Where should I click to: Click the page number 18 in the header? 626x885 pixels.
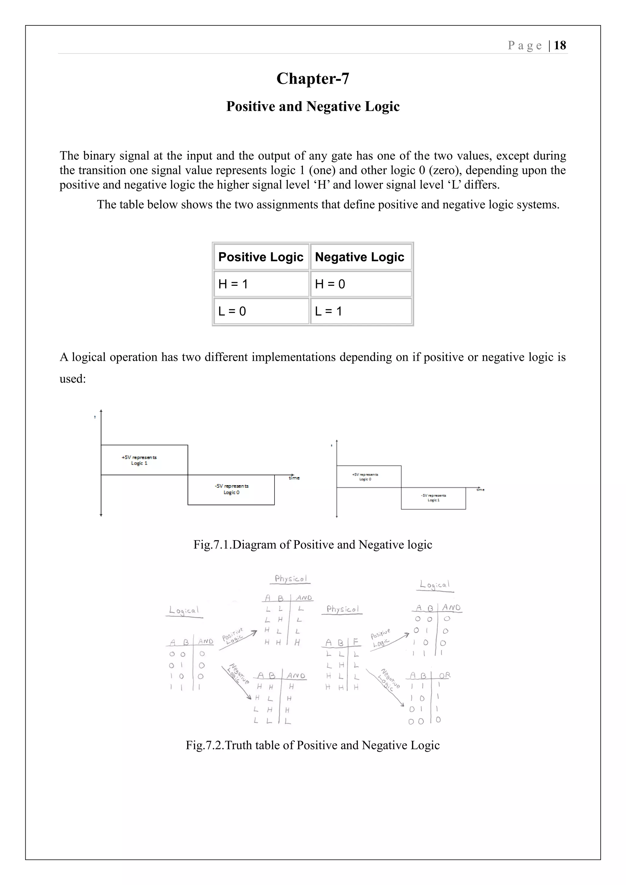pos(560,46)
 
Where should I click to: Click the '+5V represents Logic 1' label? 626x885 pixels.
pos(139,460)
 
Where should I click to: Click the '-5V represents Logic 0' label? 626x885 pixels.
pos(232,489)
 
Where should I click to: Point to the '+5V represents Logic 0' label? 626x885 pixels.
pos(365,477)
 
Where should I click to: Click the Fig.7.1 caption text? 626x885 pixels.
pos(313,545)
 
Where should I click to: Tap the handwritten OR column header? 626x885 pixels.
pos(444,675)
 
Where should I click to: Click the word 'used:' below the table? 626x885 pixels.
pos(72,379)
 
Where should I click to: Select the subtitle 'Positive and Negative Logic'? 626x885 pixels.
pos(313,106)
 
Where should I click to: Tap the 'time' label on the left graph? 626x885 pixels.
pos(294,478)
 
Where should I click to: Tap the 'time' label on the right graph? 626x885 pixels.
pos(480,490)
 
